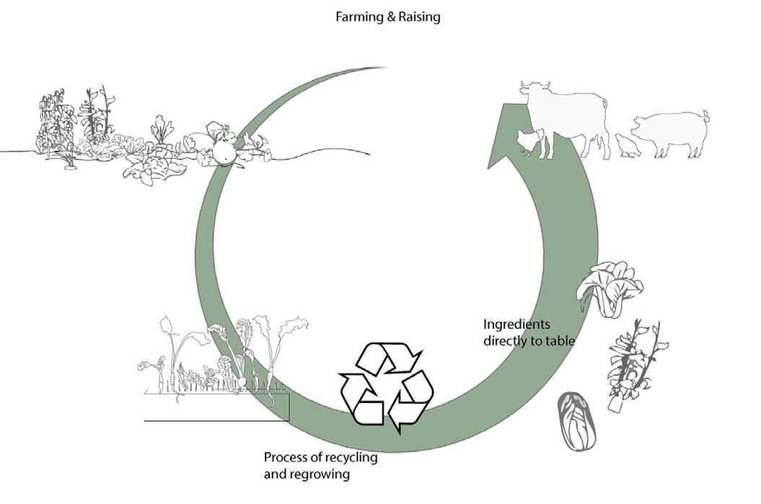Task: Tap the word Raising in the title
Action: point(418,17)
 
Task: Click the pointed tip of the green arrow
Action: point(491,165)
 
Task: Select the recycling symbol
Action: point(386,387)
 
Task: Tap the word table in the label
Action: point(560,340)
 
